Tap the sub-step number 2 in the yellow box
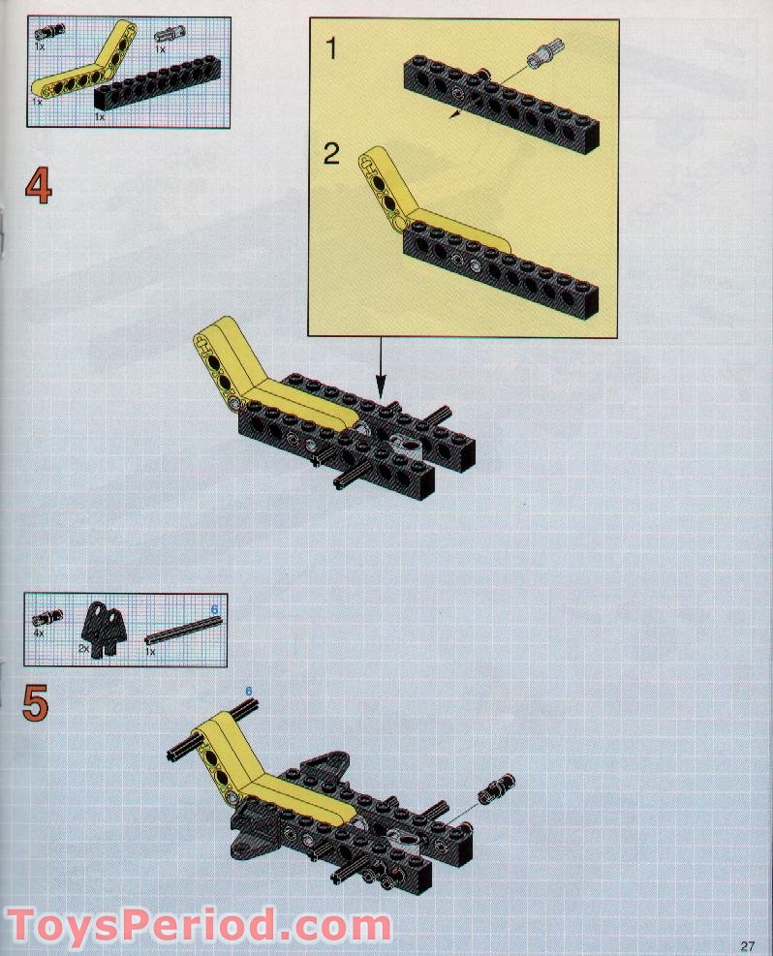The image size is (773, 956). pyautogui.click(x=332, y=154)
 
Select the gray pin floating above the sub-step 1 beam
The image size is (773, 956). pyautogui.click(x=543, y=58)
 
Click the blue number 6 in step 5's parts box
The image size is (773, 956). pyautogui.click(x=215, y=608)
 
